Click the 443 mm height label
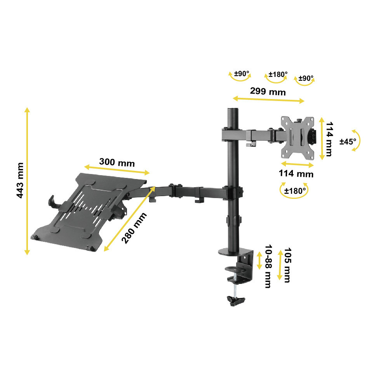tap(20, 181)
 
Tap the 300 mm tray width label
tap(117, 162)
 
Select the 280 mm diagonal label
tap(134, 228)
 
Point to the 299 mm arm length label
tap(268, 91)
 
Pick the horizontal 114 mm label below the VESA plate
tap(296, 174)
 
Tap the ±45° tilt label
tap(348, 141)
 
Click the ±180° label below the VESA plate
tap(295, 191)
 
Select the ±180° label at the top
tap(278, 75)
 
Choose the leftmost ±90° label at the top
tap(242, 74)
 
